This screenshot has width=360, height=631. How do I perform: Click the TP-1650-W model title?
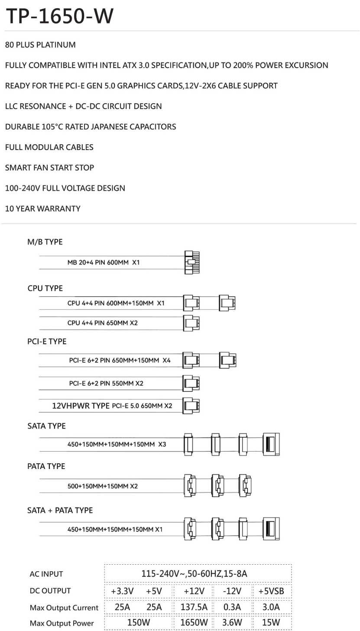point(59,16)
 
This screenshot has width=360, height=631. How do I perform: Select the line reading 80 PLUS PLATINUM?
point(40,45)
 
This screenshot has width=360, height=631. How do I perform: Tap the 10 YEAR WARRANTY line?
point(42,208)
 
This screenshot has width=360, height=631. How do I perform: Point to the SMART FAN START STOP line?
point(49,168)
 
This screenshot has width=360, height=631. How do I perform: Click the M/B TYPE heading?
point(45,242)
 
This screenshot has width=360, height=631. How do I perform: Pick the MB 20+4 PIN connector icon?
point(192,262)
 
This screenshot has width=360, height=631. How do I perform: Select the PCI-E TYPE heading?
point(47,342)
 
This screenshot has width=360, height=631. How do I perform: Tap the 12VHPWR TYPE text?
point(81,406)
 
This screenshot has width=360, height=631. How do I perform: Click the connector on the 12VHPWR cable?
point(191,406)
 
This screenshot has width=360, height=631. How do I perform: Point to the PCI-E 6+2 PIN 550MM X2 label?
point(106,383)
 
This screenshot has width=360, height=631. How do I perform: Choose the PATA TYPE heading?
point(46,466)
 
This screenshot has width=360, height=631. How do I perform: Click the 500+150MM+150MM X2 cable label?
point(103,486)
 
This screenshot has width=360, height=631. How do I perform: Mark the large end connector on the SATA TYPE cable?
point(271,444)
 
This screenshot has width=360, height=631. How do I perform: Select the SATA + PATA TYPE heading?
point(60,510)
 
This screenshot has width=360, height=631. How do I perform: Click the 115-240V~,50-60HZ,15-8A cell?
point(194,574)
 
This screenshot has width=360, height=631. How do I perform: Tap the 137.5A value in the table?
point(194,607)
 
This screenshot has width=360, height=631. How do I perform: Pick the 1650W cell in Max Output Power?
point(194,623)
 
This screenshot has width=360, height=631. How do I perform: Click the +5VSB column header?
point(271,591)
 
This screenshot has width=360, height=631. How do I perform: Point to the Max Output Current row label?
point(64,608)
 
